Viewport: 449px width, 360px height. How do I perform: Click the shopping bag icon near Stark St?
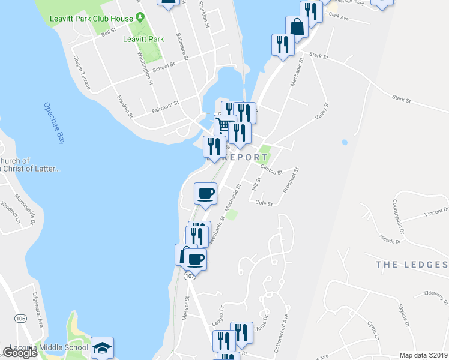point(297,27)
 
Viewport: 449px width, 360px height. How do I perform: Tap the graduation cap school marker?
point(102,348)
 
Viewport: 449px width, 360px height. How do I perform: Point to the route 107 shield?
point(190,275)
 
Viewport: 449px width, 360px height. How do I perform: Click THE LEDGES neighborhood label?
point(411,265)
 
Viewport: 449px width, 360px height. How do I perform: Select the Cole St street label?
point(264,203)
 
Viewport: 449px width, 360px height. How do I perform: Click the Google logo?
point(20,353)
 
